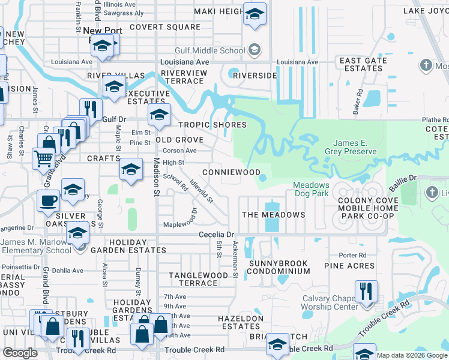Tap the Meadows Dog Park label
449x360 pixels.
[x=312, y=189]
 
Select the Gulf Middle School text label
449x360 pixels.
[x=210, y=51]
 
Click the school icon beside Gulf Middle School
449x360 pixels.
[x=255, y=50]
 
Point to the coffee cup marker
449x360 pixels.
[x=48, y=201]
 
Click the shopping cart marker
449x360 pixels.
[x=43, y=159]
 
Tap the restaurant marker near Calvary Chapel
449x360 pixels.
[x=366, y=292]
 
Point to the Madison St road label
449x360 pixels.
[x=157, y=177]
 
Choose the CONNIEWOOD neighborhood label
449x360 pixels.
[x=231, y=172]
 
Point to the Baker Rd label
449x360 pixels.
[x=358, y=102]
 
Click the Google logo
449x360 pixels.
[x=20, y=353]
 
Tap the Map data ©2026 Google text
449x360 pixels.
[x=411, y=355]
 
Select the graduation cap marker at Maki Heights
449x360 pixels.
[x=255, y=14]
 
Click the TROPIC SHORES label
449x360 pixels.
[x=212, y=125]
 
